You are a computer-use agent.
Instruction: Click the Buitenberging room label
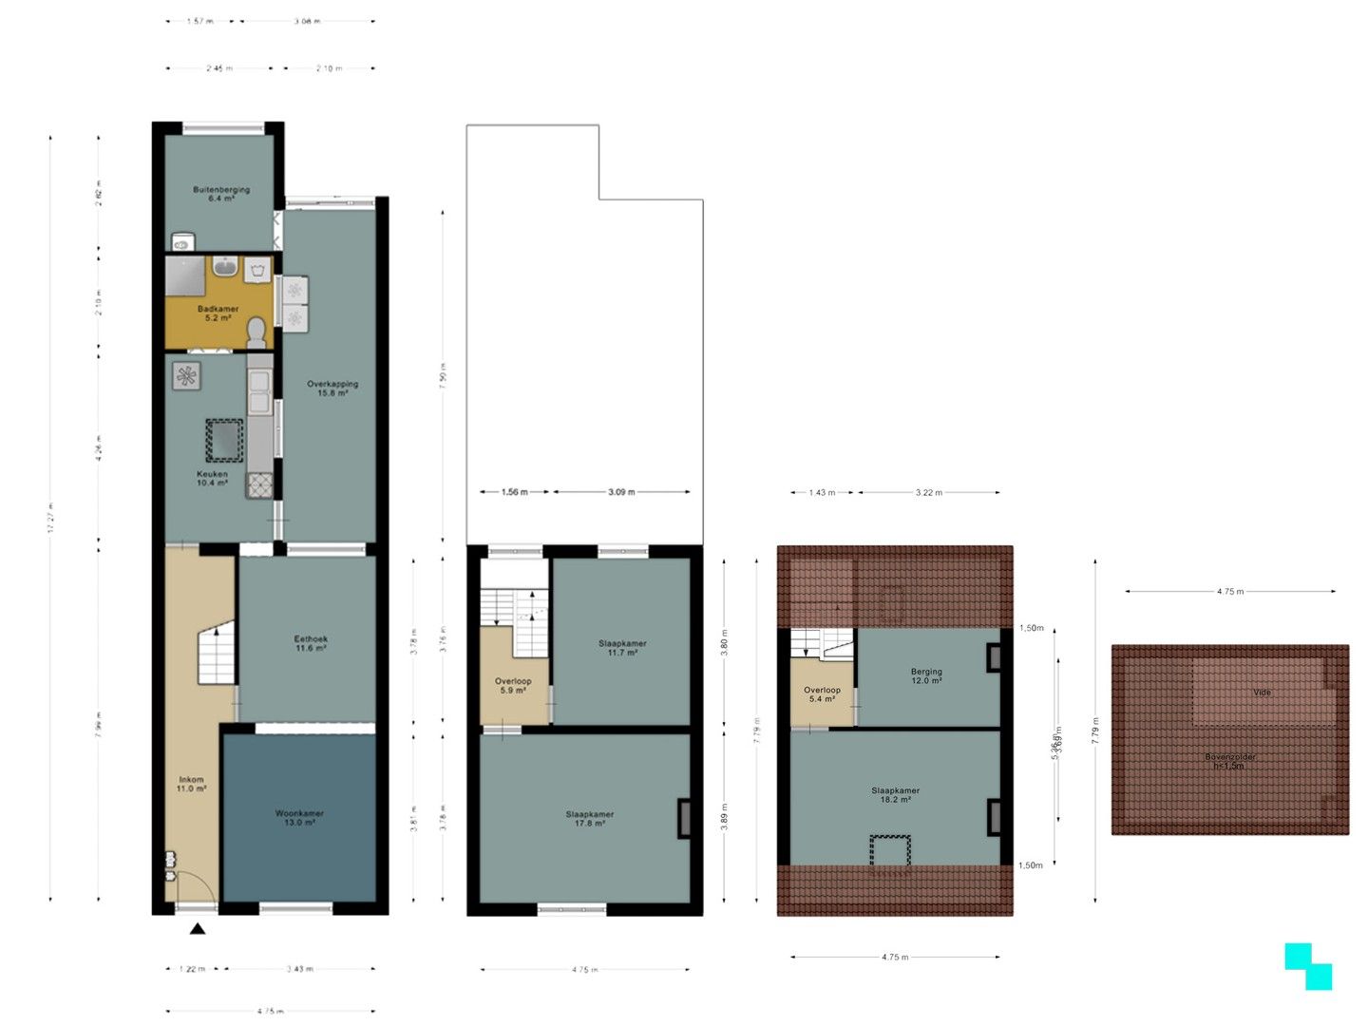point(221,194)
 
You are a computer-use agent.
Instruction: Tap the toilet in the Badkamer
point(256,332)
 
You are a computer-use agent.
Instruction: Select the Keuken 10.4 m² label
point(212,478)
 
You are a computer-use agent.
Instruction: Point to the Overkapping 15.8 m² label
point(332,388)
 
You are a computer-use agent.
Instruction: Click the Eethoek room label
point(311,643)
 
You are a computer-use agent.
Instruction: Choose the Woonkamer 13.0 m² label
point(299,818)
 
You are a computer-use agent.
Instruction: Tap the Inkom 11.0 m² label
point(191,784)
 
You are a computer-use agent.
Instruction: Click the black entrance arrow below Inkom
point(198,929)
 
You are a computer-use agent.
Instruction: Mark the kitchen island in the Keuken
point(225,440)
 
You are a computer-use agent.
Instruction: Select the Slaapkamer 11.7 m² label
point(622,648)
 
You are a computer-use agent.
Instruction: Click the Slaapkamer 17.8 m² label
point(589,819)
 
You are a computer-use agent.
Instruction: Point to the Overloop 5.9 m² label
point(513,685)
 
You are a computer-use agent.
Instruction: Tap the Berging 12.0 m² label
point(926,675)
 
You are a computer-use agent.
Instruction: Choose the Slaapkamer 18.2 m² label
point(895,794)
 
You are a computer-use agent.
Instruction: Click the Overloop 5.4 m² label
point(822,694)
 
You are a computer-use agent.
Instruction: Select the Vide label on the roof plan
point(1262,693)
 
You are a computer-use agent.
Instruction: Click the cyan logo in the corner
point(1308,966)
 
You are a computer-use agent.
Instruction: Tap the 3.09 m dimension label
point(621,492)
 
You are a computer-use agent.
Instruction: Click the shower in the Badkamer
point(185,275)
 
